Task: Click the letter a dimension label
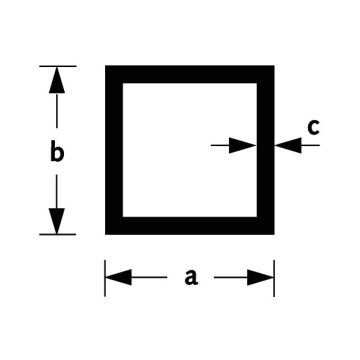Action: tap(191, 277)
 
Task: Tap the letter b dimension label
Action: tap(57, 151)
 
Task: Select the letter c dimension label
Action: tap(313, 128)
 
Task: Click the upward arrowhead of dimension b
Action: tap(57, 80)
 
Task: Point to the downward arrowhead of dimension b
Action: tap(57, 221)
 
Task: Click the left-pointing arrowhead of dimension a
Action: tap(118, 277)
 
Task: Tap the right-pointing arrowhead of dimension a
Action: tap(260, 277)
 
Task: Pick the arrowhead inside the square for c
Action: tap(242, 145)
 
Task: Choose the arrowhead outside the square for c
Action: tap(288, 145)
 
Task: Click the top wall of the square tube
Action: tap(190, 74)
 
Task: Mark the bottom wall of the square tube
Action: tap(190, 226)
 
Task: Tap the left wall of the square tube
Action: tap(114, 150)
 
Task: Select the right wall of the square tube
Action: tap(266, 150)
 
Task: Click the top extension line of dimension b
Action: tap(58, 66)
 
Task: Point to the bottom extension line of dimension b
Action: tap(58, 234)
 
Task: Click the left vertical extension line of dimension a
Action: tap(105, 278)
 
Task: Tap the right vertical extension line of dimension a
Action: tap(274, 278)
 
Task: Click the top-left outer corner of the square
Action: tap(105, 65)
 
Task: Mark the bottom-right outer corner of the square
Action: tap(274, 235)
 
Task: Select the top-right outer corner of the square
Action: tap(274, 65)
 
